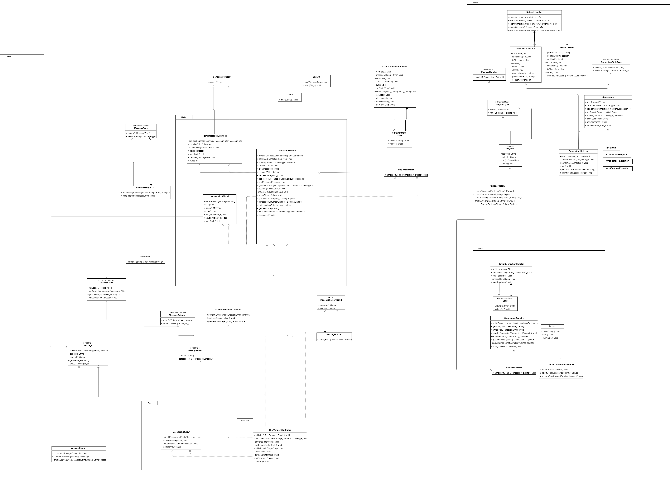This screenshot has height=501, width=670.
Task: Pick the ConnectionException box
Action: (616, 155)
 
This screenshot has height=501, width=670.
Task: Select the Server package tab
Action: (480, 248)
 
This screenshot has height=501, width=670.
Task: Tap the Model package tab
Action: (184, 117)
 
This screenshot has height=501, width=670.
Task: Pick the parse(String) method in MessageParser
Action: (334, 339)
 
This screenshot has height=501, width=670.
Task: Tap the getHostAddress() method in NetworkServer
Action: (558, 53)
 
